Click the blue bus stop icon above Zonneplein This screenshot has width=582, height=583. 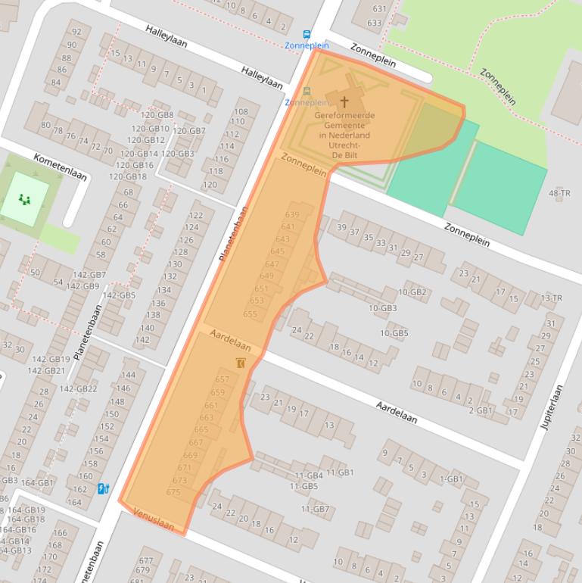click(x=307, y=34)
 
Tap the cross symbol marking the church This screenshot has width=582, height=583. click(x=344, y=101)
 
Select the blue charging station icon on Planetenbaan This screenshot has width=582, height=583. click(x=103, y=489)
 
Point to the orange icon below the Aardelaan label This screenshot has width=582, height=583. click(x=241, y=363)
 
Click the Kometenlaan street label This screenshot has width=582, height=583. click(x=61, y=167)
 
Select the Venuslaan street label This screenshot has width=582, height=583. click(x=154, y=519)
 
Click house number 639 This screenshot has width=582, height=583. click(x=291, y=215)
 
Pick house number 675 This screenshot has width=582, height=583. click(x=173, y=492)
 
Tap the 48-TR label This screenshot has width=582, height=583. click(x=559, y=194)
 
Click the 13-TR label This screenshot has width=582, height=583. click(x=552, y=298)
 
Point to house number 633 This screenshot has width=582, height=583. click(x=374, y=23)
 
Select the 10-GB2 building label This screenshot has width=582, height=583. click(x=412, y=292)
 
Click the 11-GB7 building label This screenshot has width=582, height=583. click(x=315, y=509)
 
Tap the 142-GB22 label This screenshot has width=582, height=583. click(x=79, y=388)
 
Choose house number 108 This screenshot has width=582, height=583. click(x=241, y=111)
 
